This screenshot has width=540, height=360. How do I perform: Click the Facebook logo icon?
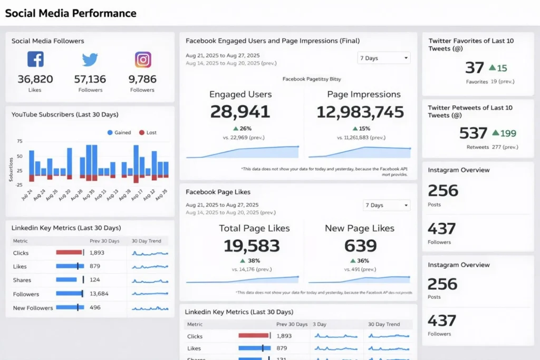click(x=35, y=59)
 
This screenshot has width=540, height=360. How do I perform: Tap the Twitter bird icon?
click(x=90, y=60)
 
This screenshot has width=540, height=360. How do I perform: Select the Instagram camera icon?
click(x=142, y=60)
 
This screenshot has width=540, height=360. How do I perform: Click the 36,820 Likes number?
click(x=35, y=79)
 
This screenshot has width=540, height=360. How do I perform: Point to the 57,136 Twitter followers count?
click(x=90, y=79)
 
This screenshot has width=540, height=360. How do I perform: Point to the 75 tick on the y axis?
click(x=20, y=141)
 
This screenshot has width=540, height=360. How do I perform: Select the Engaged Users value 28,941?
click(x=240, y=112)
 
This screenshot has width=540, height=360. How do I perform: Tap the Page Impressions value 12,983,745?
click(x=360, y=112)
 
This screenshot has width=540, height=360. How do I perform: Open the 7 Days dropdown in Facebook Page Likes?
click(x=387, y=205)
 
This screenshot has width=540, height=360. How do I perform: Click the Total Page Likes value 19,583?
click(x=254, y=246)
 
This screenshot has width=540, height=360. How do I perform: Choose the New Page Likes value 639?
click(x=360, y=246)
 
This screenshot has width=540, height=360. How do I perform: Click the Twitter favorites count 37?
click(x=475, y=67)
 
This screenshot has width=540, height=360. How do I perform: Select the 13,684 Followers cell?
click(x=99, y=294)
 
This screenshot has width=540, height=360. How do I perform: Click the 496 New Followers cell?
click(x=95, y=308)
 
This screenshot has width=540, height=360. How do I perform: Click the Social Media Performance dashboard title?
click(x=71, y=13)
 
